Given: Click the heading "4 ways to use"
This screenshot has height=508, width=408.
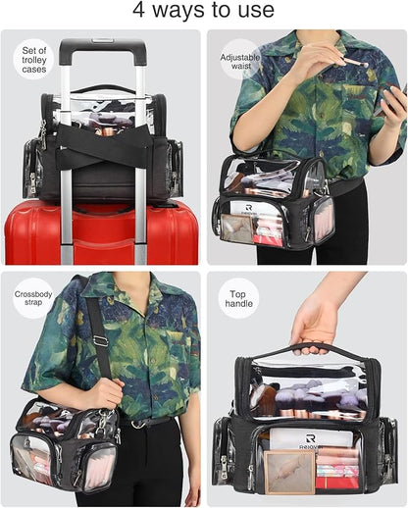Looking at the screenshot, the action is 203,10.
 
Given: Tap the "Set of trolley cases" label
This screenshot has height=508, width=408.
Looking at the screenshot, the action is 34,60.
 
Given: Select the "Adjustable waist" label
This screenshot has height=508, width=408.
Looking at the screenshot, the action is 240,62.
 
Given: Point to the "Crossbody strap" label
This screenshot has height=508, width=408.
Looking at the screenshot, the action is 33,298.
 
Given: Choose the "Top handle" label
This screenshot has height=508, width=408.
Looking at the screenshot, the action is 238,299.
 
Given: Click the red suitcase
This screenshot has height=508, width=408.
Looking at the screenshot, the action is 101,232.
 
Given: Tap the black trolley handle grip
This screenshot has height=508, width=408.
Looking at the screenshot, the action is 102,47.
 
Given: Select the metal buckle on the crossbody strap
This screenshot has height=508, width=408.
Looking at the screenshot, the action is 100,340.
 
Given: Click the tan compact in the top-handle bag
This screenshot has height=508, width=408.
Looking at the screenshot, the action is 289,472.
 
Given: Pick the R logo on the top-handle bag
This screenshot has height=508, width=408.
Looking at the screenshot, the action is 310,438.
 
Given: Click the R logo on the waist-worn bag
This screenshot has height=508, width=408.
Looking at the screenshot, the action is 248,207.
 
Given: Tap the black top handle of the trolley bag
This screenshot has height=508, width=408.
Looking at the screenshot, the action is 103,88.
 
